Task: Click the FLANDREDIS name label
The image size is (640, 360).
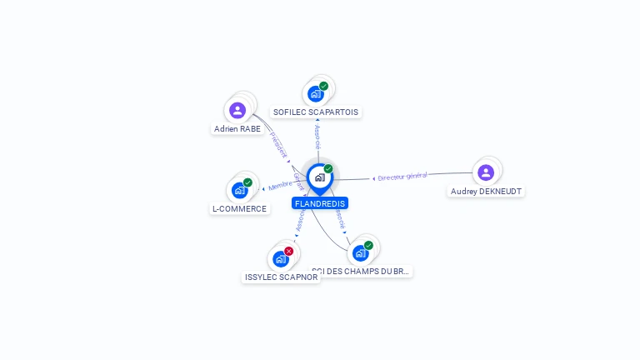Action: (x=320, y=203)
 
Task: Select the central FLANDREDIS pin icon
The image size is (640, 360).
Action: (x=319, y=177)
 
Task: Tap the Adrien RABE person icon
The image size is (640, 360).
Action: (x=237, y=110)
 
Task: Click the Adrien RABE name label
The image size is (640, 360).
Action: (x=237, y=129)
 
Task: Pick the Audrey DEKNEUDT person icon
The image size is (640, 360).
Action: (x=486, y=172)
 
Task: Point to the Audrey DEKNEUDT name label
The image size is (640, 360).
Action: (x=487, y=191)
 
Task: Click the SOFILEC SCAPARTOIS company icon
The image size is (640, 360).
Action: (x=315, y=93)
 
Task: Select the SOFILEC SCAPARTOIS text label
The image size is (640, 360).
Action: (x=317, y=112)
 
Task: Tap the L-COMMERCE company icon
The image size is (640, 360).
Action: (x=239, y=190)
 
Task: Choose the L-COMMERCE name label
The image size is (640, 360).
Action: (x=240, y=208)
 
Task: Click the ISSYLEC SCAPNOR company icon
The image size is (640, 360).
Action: (x=280, y=258)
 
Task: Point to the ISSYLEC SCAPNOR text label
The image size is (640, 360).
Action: (x=282, y=277)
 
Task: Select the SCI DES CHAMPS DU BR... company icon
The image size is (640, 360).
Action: (x=360, y=252)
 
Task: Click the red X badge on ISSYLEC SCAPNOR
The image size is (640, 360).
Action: (x=288, y=251)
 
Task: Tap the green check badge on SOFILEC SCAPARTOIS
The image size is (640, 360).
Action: (x=323, y=86)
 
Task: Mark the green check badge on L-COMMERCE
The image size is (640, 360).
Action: (x=247, y=182)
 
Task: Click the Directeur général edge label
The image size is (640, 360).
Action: (x=402, y=177)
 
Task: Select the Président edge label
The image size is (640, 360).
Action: (x=278, y=144)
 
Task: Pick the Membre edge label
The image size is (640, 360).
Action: (x=281, y=185)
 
